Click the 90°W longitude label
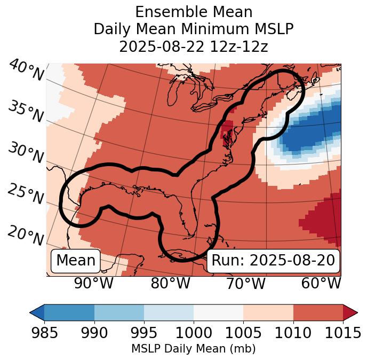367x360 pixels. [93, 284]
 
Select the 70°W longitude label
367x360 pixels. [245, 284]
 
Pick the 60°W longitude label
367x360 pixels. [321, 284]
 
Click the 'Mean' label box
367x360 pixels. [76, 261]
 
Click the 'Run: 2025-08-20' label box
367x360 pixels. [273, 261]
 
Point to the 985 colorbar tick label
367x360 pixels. [45, 333]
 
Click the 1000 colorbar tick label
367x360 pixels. [194, 333]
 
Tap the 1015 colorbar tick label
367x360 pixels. [342, 333]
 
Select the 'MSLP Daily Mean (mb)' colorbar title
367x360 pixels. [193, 349]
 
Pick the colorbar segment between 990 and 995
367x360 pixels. [119, 312]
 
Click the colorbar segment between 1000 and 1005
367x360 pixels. [218, 312]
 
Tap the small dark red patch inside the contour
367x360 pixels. [227, 129]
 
